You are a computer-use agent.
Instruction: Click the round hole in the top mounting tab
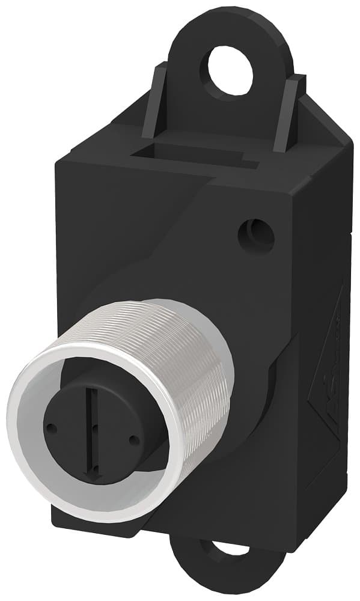point(230,71)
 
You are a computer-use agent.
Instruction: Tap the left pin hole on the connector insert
point(52,429)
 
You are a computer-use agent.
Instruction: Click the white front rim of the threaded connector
point(24,457)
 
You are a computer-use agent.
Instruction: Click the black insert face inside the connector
point(114,409)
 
